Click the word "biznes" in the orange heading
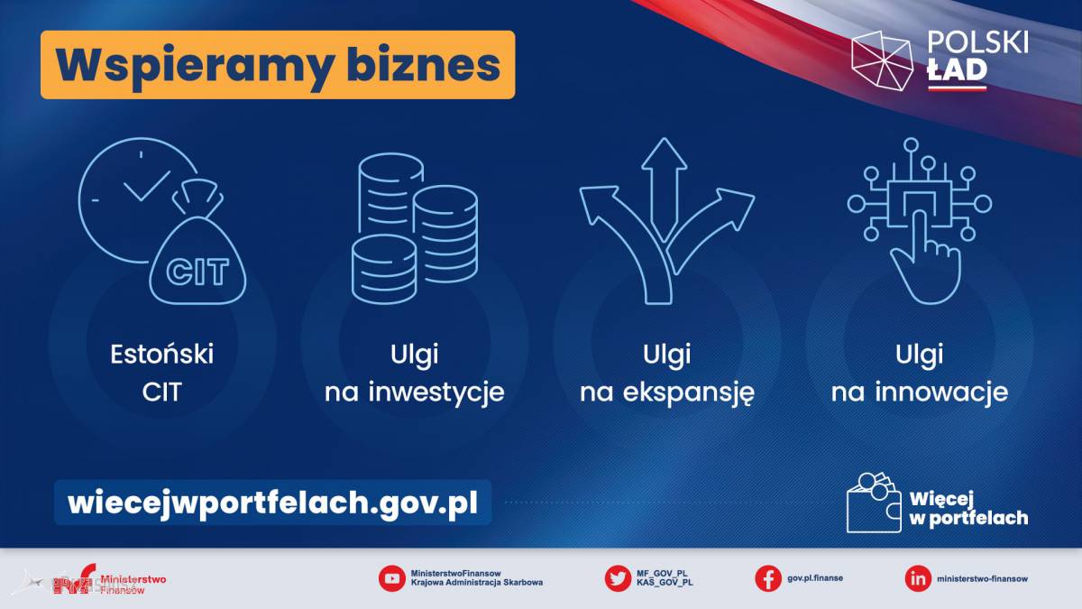tap(423, 65)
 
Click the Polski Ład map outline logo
tap(882, 61)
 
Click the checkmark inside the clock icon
tap(147, 186)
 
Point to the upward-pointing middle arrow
tap(665, 189)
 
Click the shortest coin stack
tap(384, 269)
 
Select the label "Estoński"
tap(161, 355)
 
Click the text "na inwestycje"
tap(415, 392)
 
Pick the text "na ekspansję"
tap(667, 392)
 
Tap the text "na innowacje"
tap(920, 392)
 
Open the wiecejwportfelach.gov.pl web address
tap(273, 503)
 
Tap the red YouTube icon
tap(391, 578)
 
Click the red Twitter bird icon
tap(618, 578)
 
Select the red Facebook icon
tap(768, 578)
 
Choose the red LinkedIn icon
tap(918, 578)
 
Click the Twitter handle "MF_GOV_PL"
tap(662, 574)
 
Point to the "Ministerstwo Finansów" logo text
tap(133, 584)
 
